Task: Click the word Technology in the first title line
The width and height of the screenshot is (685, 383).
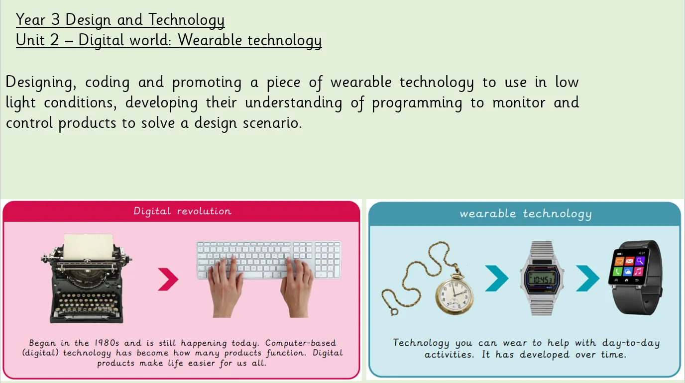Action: click(x=187, y=20)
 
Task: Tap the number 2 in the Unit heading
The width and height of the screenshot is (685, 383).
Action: click(x=54, y=40)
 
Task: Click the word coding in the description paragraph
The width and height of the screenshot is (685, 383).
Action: click(x=108, y=83)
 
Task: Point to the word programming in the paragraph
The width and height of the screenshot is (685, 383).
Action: click(x=417, y=103)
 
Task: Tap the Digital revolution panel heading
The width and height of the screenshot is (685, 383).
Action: click(x=183, y=211)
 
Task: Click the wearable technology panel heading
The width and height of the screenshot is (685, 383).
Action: click(x=526, y=213)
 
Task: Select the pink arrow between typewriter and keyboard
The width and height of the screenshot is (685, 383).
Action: click(x=168, y=279)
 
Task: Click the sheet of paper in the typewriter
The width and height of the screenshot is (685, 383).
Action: click(x=88, y=246)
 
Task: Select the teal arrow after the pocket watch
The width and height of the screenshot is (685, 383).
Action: click(x=497, y=278)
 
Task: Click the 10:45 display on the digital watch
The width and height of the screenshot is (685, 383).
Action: click(x=542, y=280)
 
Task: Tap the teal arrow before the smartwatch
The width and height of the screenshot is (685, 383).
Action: click(x=587, y=278)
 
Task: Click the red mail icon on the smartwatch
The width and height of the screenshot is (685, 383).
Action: click(x=629, y=261)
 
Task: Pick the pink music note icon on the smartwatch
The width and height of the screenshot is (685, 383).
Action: click(x=638, y=271)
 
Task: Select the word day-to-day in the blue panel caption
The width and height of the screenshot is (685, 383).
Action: click(x=631, y=343)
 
